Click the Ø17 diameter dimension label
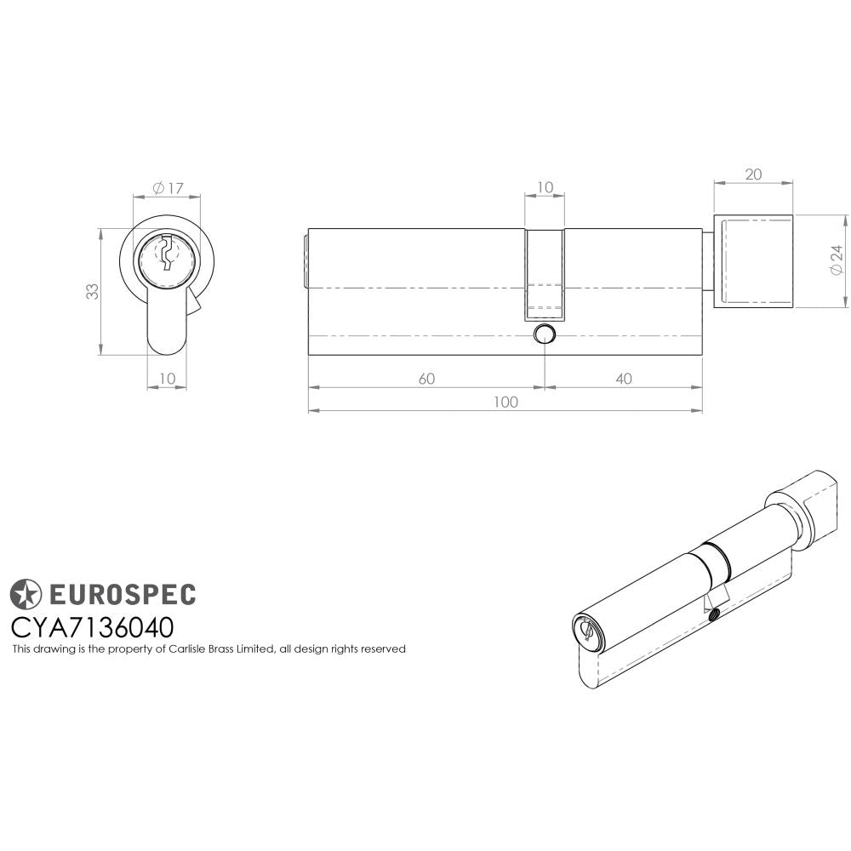point(168,187)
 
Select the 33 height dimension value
point(92,291)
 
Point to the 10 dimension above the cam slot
point(545,186)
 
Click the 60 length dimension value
point(426,379)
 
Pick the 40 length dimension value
point(624,379)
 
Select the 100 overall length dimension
point(505,403)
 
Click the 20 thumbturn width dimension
point(753,174)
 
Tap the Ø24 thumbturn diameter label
point(837,260)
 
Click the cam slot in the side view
point(545,272)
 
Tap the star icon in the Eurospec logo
point(26,593)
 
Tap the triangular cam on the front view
point(193,302)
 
